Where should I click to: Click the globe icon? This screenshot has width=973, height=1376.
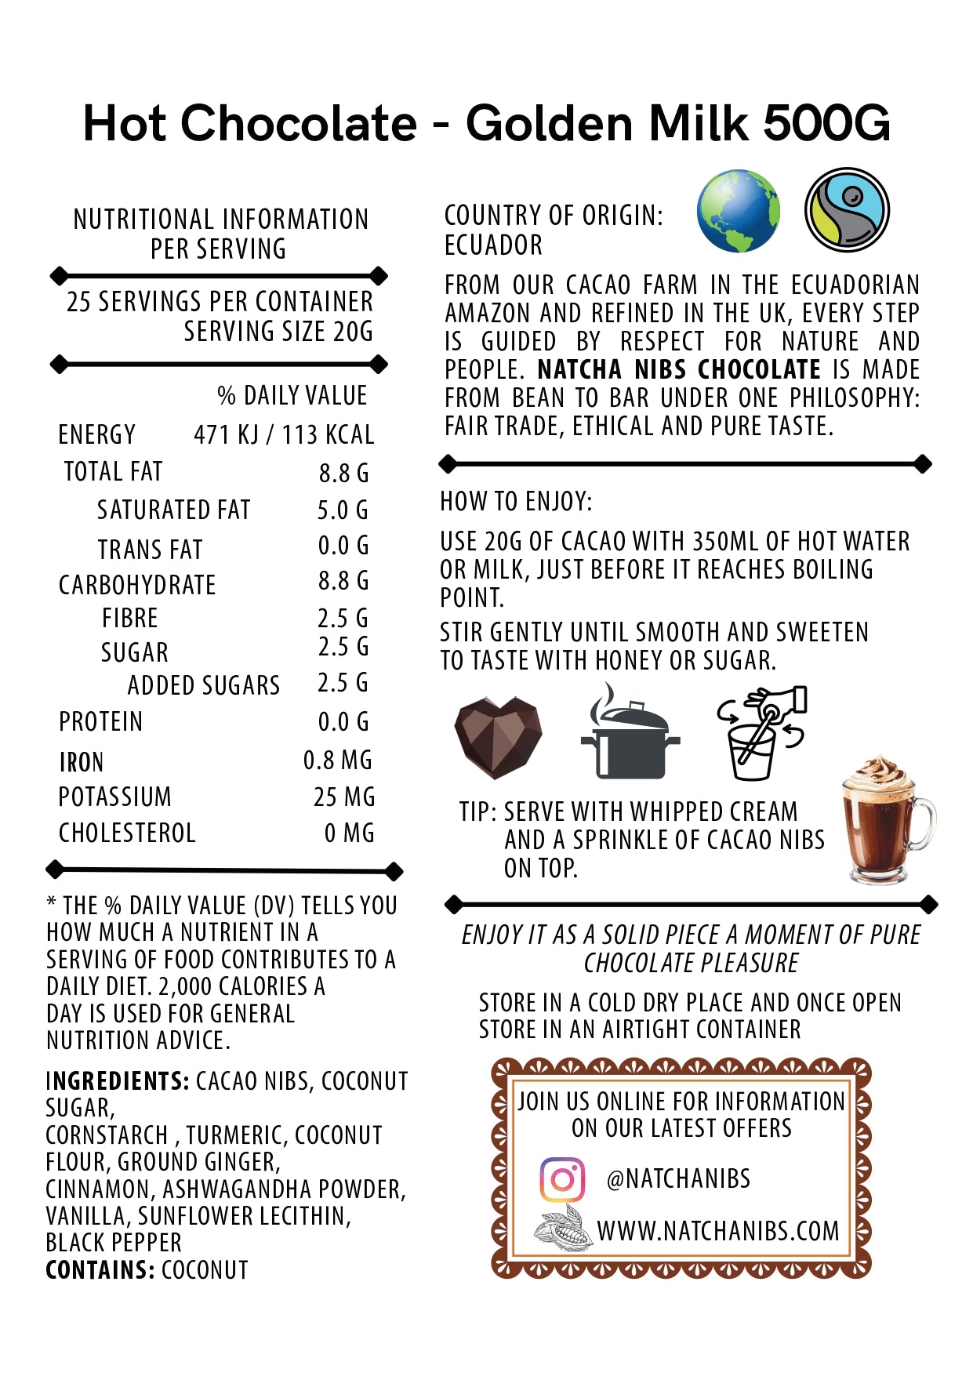(x=738, y=211)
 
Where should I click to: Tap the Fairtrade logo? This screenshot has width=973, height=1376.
(x=847, y=210)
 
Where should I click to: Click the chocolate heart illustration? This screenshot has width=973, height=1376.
(x=498, y=737)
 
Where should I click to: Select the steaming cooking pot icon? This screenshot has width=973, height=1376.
(x=629, y=733)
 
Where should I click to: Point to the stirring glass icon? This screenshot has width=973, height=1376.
(x=760, y=734)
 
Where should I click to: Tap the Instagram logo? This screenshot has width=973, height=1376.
(x=562, y=1179)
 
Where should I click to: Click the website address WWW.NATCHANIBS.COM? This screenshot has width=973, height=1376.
(x=718, y=1231)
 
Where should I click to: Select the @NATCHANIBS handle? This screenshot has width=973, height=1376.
(x=678, y=1178)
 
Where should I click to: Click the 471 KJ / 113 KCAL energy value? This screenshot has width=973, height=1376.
(x=284, y=434)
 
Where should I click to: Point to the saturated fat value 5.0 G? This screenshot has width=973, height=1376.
(x=343, y=510)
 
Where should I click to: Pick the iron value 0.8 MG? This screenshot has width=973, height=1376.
(x=338, y=760)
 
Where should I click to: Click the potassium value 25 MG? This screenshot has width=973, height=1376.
(x=344, y=797)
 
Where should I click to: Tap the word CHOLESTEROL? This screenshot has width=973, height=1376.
(x=127, y=833)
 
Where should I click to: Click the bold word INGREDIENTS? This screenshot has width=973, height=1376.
(x=118, y=1081)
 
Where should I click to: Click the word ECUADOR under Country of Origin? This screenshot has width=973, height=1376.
(x=493, y=245)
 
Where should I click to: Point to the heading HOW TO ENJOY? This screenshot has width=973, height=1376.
(x=516, y=501)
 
